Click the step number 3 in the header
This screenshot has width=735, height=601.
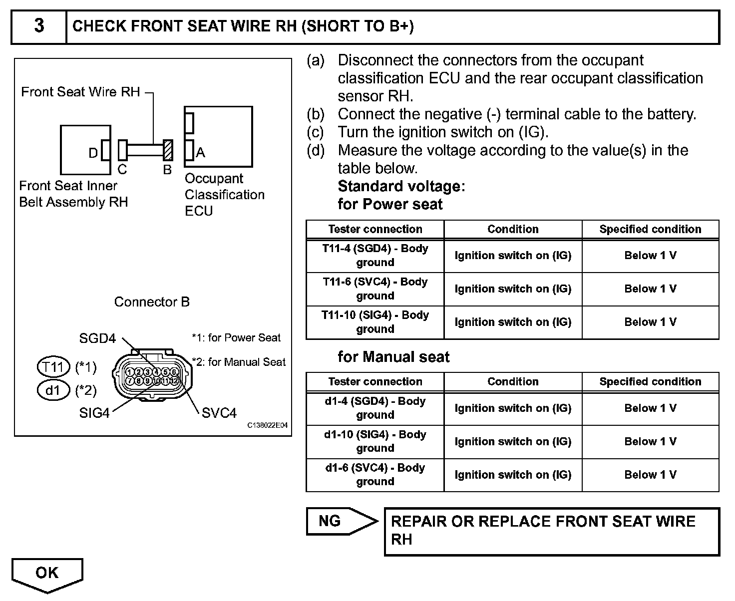[39, 26]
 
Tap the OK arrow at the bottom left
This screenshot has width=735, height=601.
[47, 573]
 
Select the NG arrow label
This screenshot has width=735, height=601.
[330, 521]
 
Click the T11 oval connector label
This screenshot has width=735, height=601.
[53, 367]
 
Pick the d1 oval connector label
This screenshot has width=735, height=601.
[53, 390]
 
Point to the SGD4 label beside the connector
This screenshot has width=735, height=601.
[97, 338]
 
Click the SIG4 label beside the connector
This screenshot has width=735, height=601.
[94, 413]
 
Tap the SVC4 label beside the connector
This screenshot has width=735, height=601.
[219, 413]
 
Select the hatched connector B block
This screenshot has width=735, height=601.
[168, 150]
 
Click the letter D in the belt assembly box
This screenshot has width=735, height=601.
[93, 153]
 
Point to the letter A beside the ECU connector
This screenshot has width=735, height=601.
[201, 152]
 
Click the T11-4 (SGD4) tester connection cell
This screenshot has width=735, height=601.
[375, 256]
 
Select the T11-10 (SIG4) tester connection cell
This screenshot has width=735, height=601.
[375, 322]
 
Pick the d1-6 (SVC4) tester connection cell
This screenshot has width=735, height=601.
[375, 475]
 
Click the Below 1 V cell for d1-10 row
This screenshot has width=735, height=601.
[650, 441]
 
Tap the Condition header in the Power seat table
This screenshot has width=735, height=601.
[513, 229]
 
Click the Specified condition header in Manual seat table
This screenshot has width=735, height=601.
[650, 381]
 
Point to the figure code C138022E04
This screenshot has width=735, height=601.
[268, 425]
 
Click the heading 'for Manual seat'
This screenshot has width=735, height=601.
[393, 357]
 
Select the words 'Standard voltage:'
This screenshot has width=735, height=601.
[401, 186]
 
